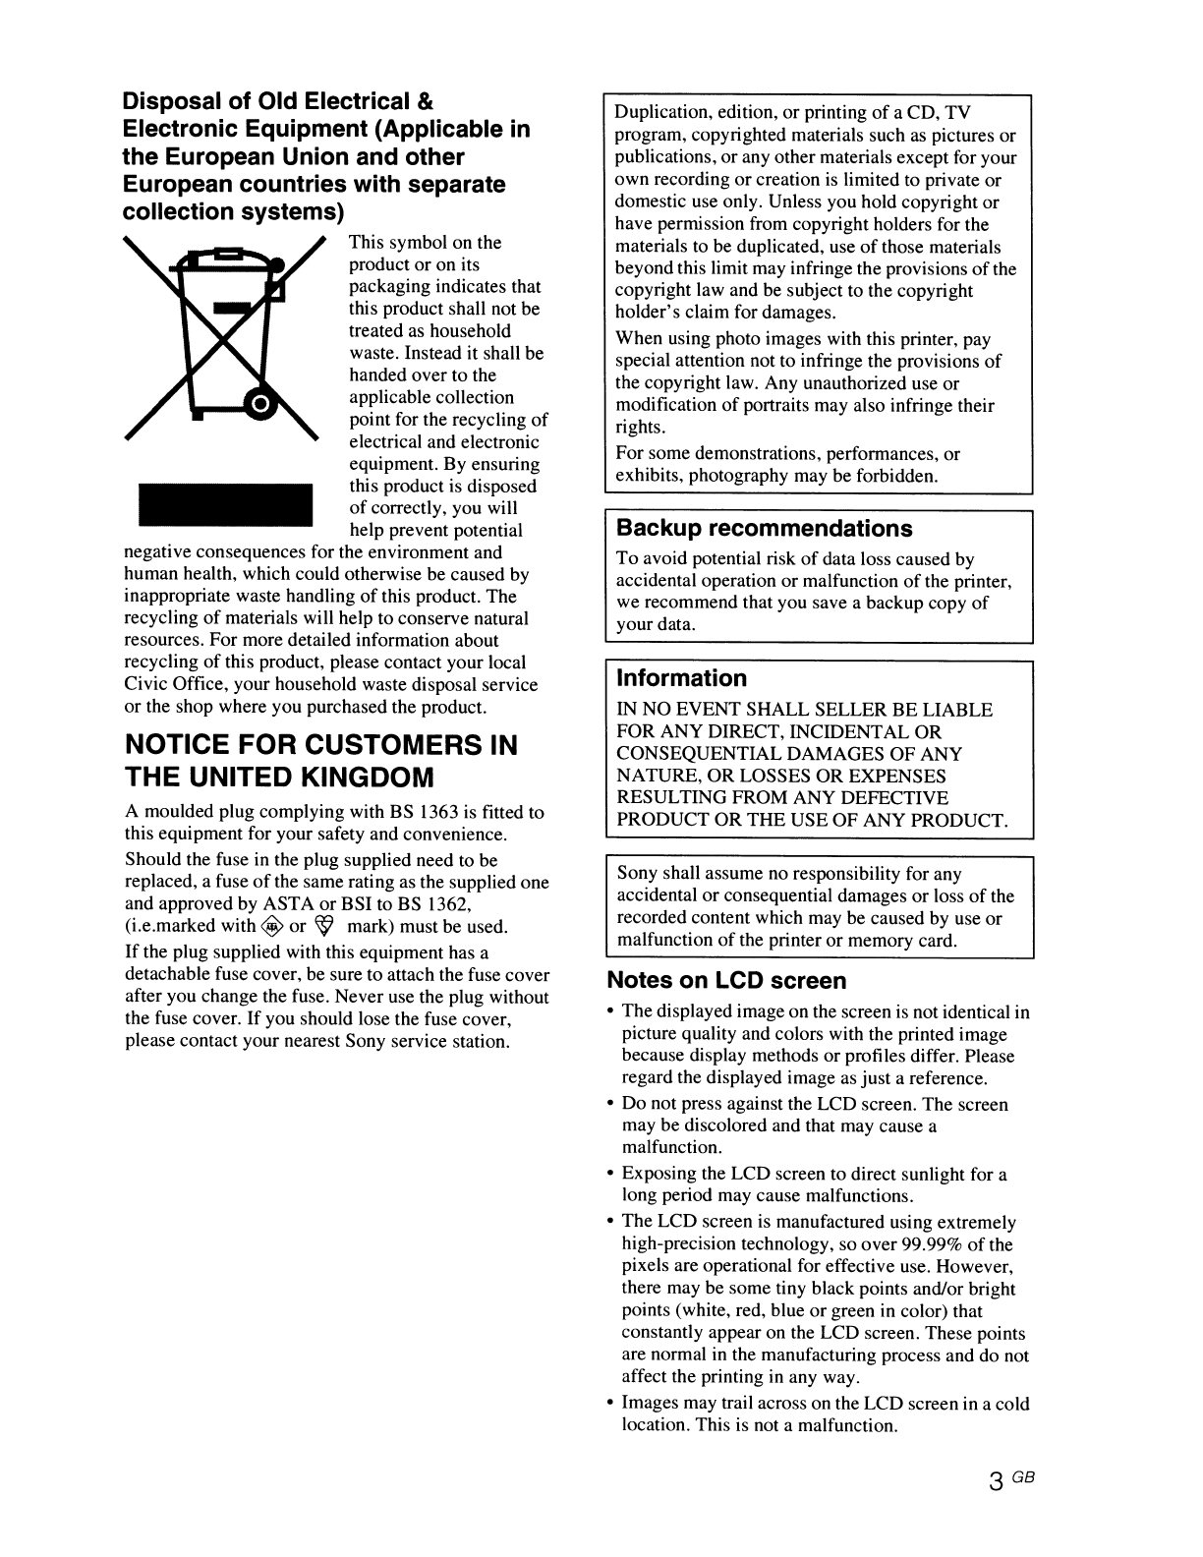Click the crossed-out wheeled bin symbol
224,339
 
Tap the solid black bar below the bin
224,505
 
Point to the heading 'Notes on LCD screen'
726,981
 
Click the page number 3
997,1482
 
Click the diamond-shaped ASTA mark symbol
272,926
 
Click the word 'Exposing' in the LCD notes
659,1175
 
